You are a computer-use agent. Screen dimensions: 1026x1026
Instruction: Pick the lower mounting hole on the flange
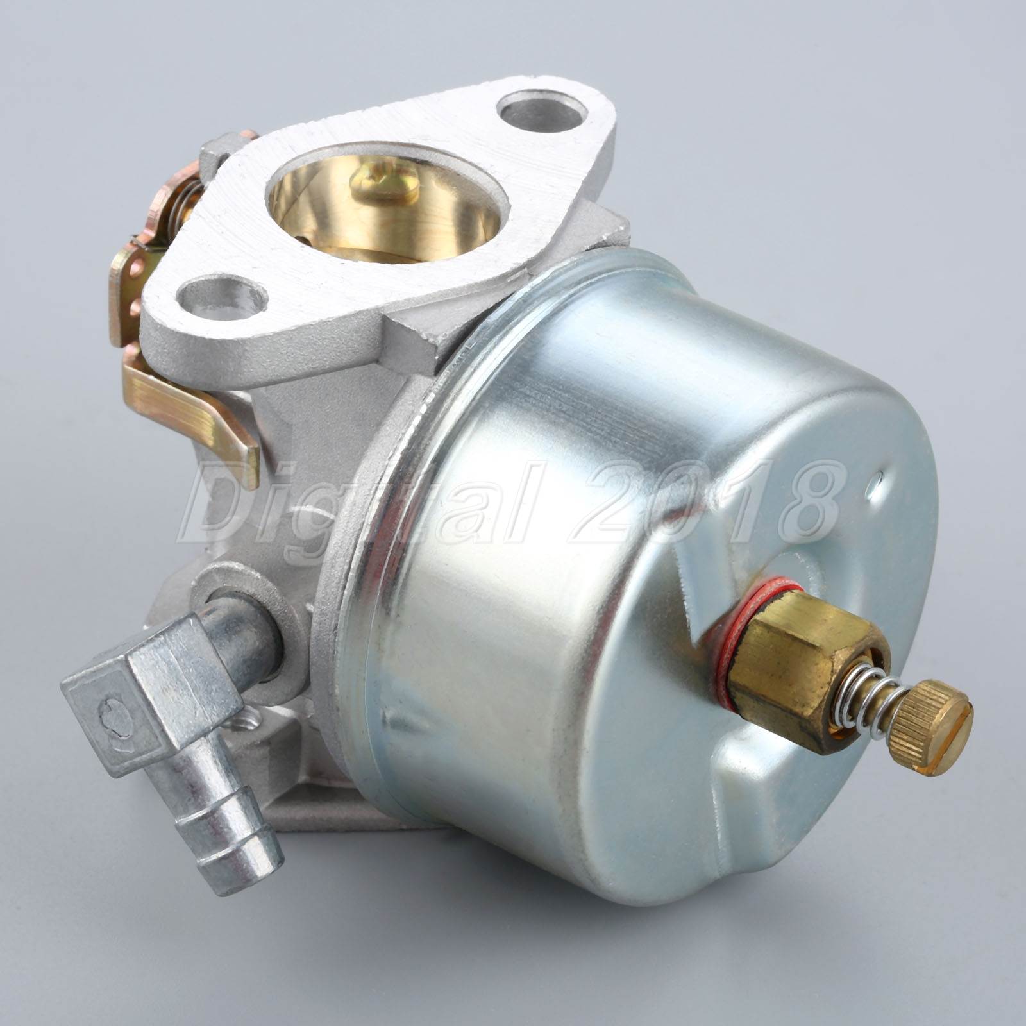point(221,296)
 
